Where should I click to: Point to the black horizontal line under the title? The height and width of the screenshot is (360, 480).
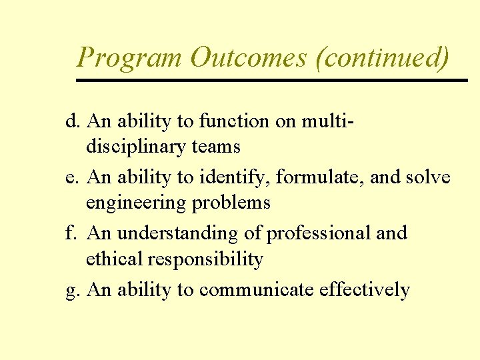pyautogui.click(x=272, y=80)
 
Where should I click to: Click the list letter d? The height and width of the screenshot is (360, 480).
pyautogui.click(x=71, y=122)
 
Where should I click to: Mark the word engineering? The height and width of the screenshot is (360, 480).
pyautogui.click(x=136, y=203)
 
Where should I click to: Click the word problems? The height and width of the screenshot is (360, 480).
pyautogui.click(x=231, y=203)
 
